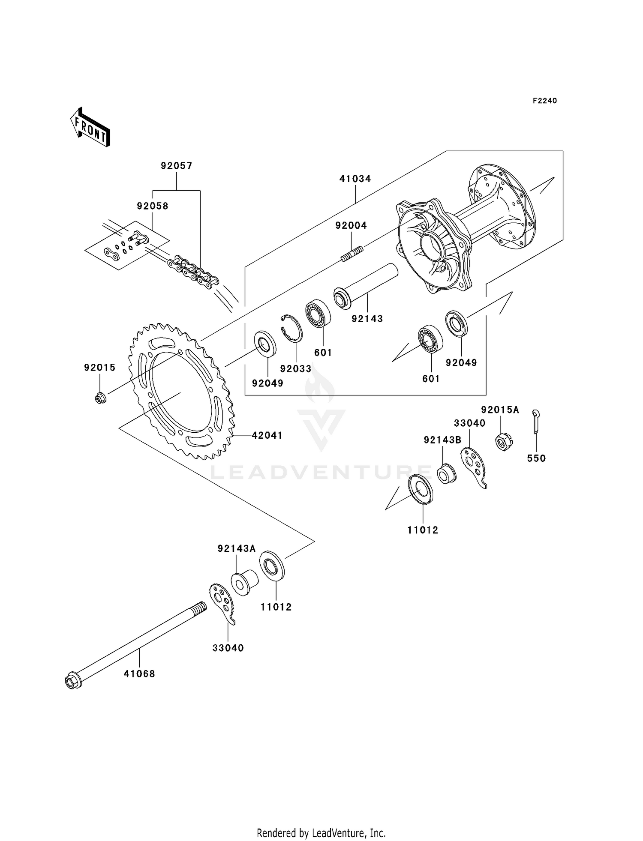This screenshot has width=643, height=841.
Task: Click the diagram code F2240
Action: pyautogui.click(x=544, y=101)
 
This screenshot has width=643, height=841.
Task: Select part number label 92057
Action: pyautogui.click(x=177, y=166)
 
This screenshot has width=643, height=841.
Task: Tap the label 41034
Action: pyautogui.click(x=355, y=179)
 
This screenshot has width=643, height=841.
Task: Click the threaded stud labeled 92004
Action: pyautogui.click(x=352, y=253)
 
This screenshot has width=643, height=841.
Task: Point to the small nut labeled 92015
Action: pyautogui.click(x=100, y=398)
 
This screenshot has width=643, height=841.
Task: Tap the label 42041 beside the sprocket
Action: pyautogui.click(x=267, y=435)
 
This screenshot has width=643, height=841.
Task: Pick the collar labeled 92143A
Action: pyautogui.click(x=244, y=582)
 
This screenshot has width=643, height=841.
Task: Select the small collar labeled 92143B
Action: pyautogui.click(x=446, y=474)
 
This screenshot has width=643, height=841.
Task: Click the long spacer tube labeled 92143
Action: pyautogui.click(x=365, y=286)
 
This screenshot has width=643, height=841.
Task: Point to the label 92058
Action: pyautogui.click(x=153, y=206)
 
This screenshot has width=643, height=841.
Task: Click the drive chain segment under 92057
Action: pyautogui.click(x=193, y=270)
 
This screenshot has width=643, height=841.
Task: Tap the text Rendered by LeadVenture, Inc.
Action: pyautogui.click(x=321, y=833)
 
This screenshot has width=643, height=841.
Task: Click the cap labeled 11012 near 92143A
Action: pyautogui.click(x=271, y=566)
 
